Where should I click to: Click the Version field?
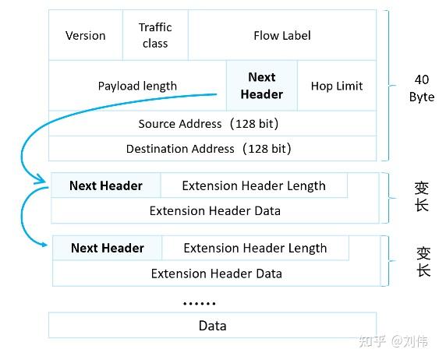click(86, 36)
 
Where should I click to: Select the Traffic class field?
click(155, 36)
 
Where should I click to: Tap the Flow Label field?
click(281, 36)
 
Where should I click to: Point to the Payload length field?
click(137, 86)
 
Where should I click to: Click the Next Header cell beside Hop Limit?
click(262, 86)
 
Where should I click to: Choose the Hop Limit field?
click(337, 86)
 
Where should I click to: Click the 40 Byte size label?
click(421, 88)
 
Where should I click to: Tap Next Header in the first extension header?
click(106, 185)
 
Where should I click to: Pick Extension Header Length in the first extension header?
click(253, 185)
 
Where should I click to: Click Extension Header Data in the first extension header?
click(214, 210)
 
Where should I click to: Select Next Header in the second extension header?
click(108, 248)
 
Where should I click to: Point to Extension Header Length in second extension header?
click(255, 248)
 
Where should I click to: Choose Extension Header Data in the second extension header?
click(216, 273)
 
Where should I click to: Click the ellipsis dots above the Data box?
click(200, 303)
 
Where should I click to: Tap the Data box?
click(212, 326)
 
